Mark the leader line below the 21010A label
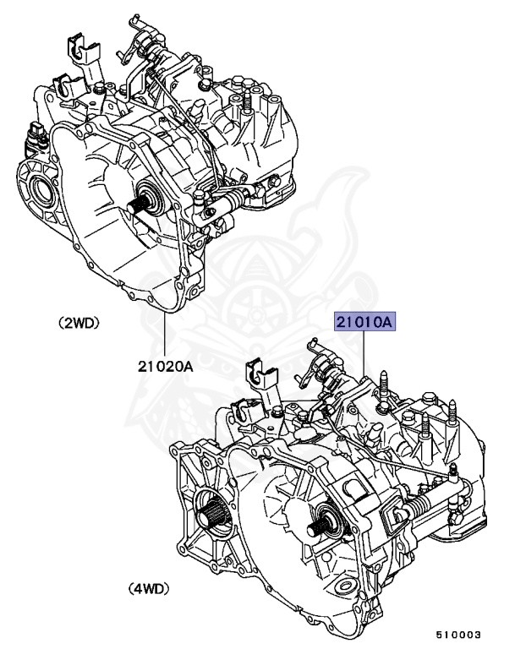[x=365, y=355]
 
